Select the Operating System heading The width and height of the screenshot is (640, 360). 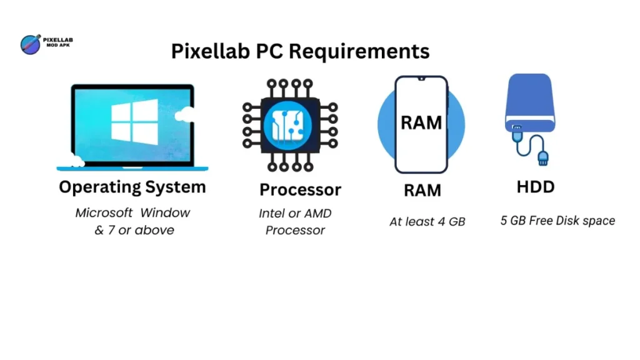click(132, 187)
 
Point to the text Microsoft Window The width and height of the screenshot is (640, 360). click(132, 212)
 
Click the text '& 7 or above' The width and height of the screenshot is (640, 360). click(134, 230)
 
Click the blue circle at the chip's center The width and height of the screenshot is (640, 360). click(289, 125)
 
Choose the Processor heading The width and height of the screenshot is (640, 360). click(300, 189)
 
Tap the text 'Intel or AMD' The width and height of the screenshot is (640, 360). click(295, 213)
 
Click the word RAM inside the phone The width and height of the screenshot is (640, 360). click(421, 122)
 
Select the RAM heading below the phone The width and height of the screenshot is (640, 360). click(422, 189)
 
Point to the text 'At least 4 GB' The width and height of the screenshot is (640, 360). click(427, 221)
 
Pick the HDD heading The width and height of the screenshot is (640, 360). click(536, 187)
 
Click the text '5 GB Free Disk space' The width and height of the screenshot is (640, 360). click(557, 220)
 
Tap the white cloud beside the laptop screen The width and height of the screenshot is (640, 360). click(186, 114)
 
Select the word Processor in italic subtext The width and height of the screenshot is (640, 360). click(295, 230)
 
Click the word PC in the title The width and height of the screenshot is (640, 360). click(271, 51)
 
